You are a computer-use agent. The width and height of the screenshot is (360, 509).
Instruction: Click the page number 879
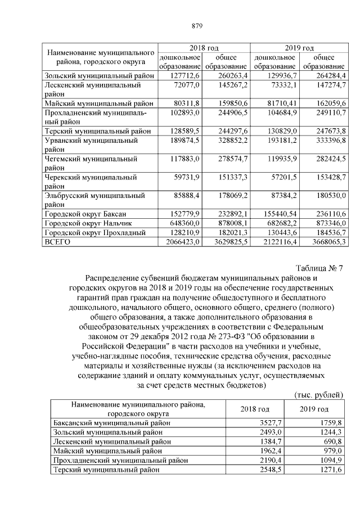coord(196,26)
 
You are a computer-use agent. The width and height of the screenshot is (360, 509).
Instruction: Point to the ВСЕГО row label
coord(57,241)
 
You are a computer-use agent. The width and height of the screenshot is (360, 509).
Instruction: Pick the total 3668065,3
coord(325,241)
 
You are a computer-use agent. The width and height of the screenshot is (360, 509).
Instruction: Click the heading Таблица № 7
coord(319,268)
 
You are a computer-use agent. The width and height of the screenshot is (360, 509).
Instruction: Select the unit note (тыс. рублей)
coord(319,395)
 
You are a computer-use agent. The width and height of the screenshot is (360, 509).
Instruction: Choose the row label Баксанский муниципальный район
coord(111,422)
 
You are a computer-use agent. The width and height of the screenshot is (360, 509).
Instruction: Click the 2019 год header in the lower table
coord(314,409)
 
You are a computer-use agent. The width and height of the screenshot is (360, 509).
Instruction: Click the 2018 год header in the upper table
coord(204,48)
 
